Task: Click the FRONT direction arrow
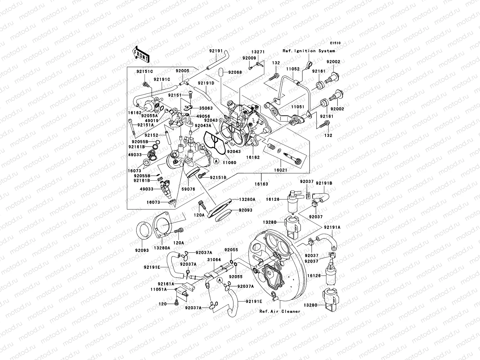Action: click(142, 54)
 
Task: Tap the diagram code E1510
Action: click(336, 43)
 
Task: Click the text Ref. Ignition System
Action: click(309, 51)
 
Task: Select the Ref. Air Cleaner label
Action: click(280, 311)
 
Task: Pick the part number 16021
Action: click(281, 170)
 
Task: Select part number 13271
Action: click(258, 52)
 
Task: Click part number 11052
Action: click(293, 69)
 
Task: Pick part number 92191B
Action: click(324, 183)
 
